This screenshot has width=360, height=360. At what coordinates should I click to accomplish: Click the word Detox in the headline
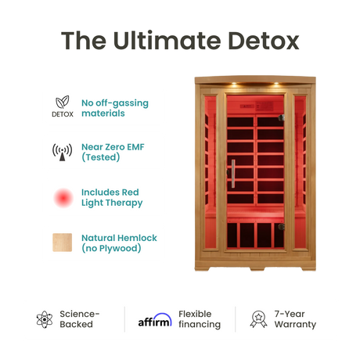tap(262, 41)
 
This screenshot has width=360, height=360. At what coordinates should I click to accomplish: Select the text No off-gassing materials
tap(114, 108)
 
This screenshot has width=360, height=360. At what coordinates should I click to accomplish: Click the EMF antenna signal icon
tap(63, 152)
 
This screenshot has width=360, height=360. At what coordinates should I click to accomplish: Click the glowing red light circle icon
tap(63, 197)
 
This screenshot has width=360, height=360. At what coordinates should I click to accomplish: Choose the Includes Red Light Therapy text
tap(112, 197)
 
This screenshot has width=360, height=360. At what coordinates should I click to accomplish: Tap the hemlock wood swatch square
tap(63, 243)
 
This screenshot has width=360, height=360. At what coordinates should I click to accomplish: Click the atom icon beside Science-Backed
tap(44, 319)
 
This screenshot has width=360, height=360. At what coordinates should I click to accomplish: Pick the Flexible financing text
tap(200, 319)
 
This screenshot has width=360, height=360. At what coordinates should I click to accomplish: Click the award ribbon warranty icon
tap(257, 319)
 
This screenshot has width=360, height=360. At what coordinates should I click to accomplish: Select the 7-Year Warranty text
tap(295, 319)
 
